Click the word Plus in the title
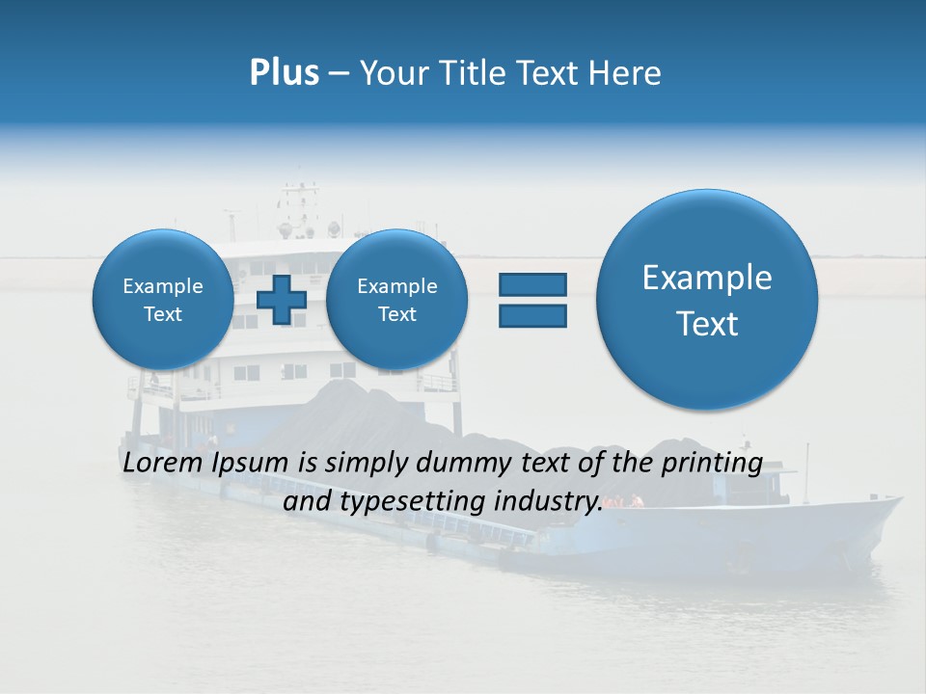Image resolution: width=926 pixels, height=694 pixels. (x=284, y=73)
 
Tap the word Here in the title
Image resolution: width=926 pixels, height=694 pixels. (x=625, y=73)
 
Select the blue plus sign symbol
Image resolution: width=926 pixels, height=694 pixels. (x=282, y=299)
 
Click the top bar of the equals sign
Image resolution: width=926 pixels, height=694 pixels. (x=532, y=284)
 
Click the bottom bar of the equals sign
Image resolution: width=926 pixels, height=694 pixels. (x=532, y=315)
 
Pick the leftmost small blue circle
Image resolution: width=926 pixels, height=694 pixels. (x=163, y=299)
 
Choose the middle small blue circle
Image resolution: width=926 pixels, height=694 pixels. (x=396, y=299)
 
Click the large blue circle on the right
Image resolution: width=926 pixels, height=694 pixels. (x=707, y=300)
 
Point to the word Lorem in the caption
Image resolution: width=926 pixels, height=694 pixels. (x=163, y=463)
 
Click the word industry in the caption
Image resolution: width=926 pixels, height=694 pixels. (x=547, y=502)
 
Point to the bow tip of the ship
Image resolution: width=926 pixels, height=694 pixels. (x=899, y=499)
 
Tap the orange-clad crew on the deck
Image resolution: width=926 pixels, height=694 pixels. (x=633, y=500)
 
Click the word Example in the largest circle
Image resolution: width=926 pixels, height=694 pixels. (x=707, y=278)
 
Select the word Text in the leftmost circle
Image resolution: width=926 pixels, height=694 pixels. (x=163, y=314)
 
